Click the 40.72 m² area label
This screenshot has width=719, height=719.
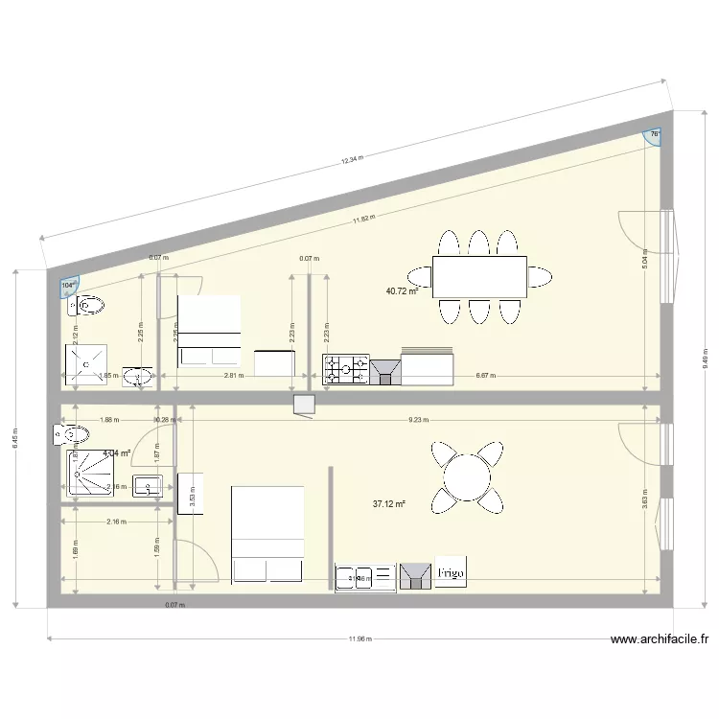pos(402,290)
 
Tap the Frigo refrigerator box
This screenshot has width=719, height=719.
pos(452,573)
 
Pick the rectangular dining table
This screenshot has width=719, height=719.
pos(479,276)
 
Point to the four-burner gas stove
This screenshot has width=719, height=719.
pos(346,369)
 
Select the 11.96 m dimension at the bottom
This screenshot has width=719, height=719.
pos(360,638)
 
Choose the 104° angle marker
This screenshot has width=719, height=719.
pos(68,285)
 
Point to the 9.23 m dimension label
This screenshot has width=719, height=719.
pos(418,420)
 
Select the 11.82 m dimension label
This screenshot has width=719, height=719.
pos(362,219)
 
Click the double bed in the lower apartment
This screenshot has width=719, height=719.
pos(267,534)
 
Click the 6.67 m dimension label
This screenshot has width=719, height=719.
pos(486,376)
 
